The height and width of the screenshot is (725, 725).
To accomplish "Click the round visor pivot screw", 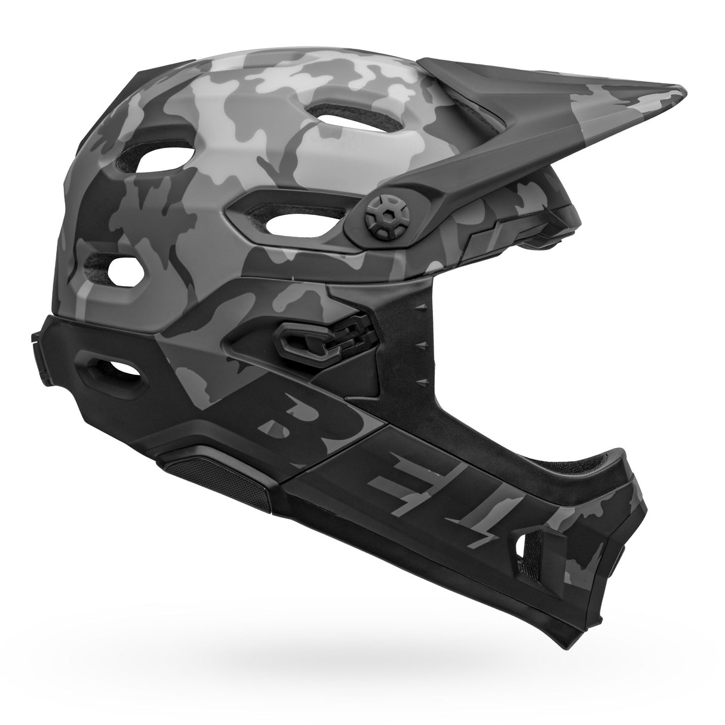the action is coord(382,216).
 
